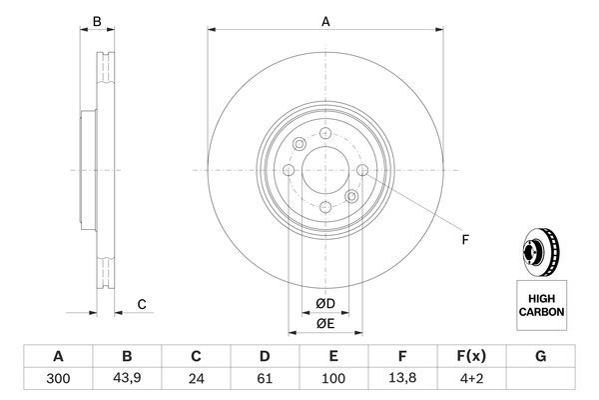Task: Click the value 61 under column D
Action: pos(265,380)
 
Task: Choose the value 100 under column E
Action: pos(333,380)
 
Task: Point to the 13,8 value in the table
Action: pos(401,380)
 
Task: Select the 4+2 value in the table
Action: pos(470,380)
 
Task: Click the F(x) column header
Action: pos(470,355)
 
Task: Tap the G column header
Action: pos(539,355)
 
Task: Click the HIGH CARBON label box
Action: pos(542,305)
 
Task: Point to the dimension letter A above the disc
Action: pos(324,18)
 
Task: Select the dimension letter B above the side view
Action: pos(97,21)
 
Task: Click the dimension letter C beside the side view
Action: pos(142,304)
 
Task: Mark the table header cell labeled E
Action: pos(333,355)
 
